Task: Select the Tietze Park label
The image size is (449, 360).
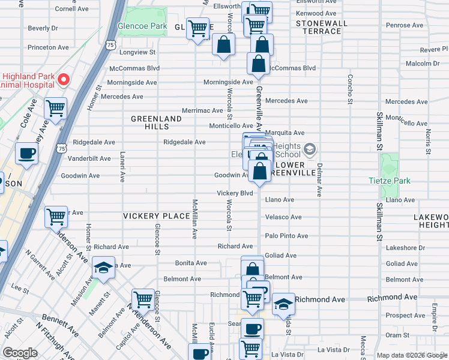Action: pyautogui.click(x=389, y=181)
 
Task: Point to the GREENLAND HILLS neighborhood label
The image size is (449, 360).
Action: pyautogui.click(x=156, y=123)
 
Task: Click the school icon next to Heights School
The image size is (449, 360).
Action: pyautogui.click(x=310, y=148)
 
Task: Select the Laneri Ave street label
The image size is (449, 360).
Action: pyautogui.click(x=122, y=166)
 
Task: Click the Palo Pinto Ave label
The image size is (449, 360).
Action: pyautogui.click(x=286, y=236)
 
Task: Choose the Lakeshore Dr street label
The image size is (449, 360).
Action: pyautogui.click(x=405, y=247)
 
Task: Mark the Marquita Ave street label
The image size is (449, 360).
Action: pyautogui.click(x=285, y=133)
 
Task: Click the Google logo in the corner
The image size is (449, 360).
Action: pyautogui.click(x=20, y=353)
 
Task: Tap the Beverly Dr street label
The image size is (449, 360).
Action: pyautogui.click(x=43, y=28)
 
